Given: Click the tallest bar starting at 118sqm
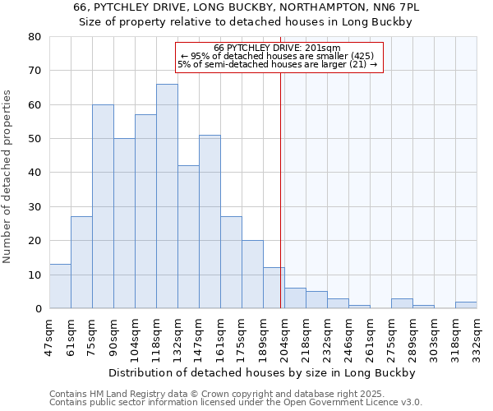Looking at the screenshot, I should tap(167, 196).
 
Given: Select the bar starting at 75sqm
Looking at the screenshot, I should tap(103, 206).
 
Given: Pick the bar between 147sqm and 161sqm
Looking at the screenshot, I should tap(210, 222).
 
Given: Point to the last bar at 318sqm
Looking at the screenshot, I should tap(466, 305).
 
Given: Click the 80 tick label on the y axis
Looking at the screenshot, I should tap(35, 37).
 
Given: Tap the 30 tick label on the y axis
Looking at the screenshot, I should tap(35, 207).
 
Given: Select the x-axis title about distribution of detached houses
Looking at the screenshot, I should tap(262, 372).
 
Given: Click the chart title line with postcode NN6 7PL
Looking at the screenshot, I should tap(246, 7).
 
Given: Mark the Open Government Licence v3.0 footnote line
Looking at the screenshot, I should tap(236, 403).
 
